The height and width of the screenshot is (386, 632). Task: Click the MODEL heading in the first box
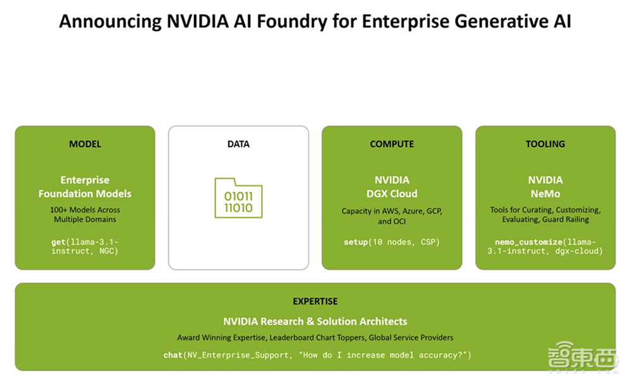[85, 144]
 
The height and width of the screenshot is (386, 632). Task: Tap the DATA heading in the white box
[238, 144]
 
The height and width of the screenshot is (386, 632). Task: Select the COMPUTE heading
[392, 144]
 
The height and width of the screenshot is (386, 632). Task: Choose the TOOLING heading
[545, 144]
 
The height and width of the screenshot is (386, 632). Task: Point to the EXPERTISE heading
[315, 301]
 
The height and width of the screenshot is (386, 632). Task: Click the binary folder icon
[238, 198]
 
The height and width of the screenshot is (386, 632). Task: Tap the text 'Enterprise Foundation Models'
[85, 187]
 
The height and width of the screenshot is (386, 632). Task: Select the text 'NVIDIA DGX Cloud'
[392, 187]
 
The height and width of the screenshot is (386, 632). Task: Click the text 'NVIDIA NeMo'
[545, 187]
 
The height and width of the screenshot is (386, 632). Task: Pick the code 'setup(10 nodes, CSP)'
[392, 242]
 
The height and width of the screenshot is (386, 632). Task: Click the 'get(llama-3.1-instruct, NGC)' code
[85, 246]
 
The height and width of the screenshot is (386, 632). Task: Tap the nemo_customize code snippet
[545, 246]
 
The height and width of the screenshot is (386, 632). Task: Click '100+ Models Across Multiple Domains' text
[85, 214]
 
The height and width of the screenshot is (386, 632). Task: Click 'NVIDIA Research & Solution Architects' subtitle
[315, 322]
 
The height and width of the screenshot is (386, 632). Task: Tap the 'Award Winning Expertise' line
[315, 337]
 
